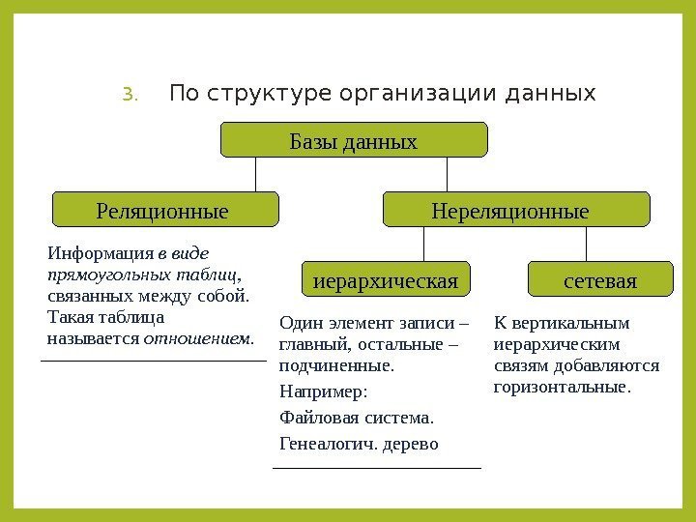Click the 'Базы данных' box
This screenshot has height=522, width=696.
point(354,141)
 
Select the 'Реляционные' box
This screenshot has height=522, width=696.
point(163,209)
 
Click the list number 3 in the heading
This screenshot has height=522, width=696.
point(131,95)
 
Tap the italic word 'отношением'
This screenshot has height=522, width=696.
point(197,339)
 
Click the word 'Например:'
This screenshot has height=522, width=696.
point(324,392)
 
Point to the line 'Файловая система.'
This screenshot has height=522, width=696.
point(356,419)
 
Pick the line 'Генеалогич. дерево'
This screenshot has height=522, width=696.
point(358,445)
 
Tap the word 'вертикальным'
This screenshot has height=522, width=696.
point(580,323)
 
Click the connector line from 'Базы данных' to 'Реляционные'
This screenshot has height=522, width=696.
point(256,174)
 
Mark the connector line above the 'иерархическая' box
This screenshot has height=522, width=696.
point(424,243)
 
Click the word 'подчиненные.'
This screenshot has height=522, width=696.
point(335,366)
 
